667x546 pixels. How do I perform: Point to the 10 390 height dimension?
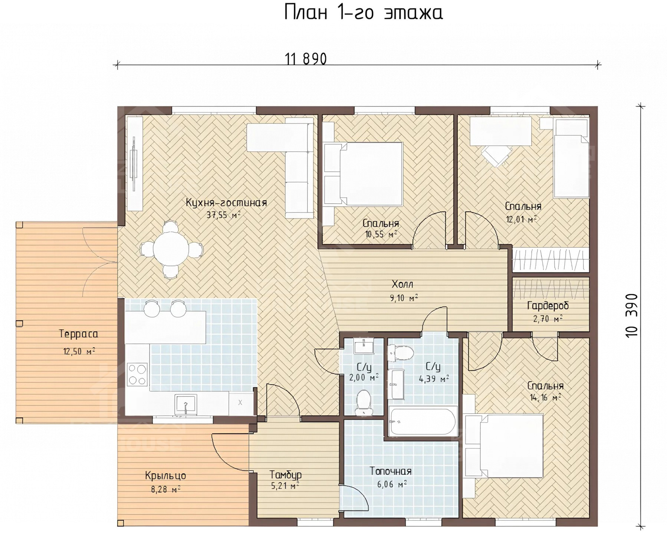coord(631,315)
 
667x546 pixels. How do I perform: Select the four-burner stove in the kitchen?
coord(137,374)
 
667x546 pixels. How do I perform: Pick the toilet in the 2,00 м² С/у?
coord(363,403)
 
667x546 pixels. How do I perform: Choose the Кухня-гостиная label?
coord(226,203)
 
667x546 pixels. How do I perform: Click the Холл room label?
coord(402,284)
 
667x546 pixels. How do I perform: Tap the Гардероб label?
coord(548,306)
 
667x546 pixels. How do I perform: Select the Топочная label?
coord(391,471)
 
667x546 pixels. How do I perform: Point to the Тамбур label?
coord(285,475)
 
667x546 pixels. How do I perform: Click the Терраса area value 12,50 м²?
coord(79,351)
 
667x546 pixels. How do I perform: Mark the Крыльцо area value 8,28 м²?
coord(165,490)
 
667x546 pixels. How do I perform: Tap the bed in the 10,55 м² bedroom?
coord(363,174)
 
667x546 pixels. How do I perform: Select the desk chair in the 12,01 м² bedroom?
coord(496,155)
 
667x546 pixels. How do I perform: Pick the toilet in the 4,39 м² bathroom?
coord(400,353)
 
